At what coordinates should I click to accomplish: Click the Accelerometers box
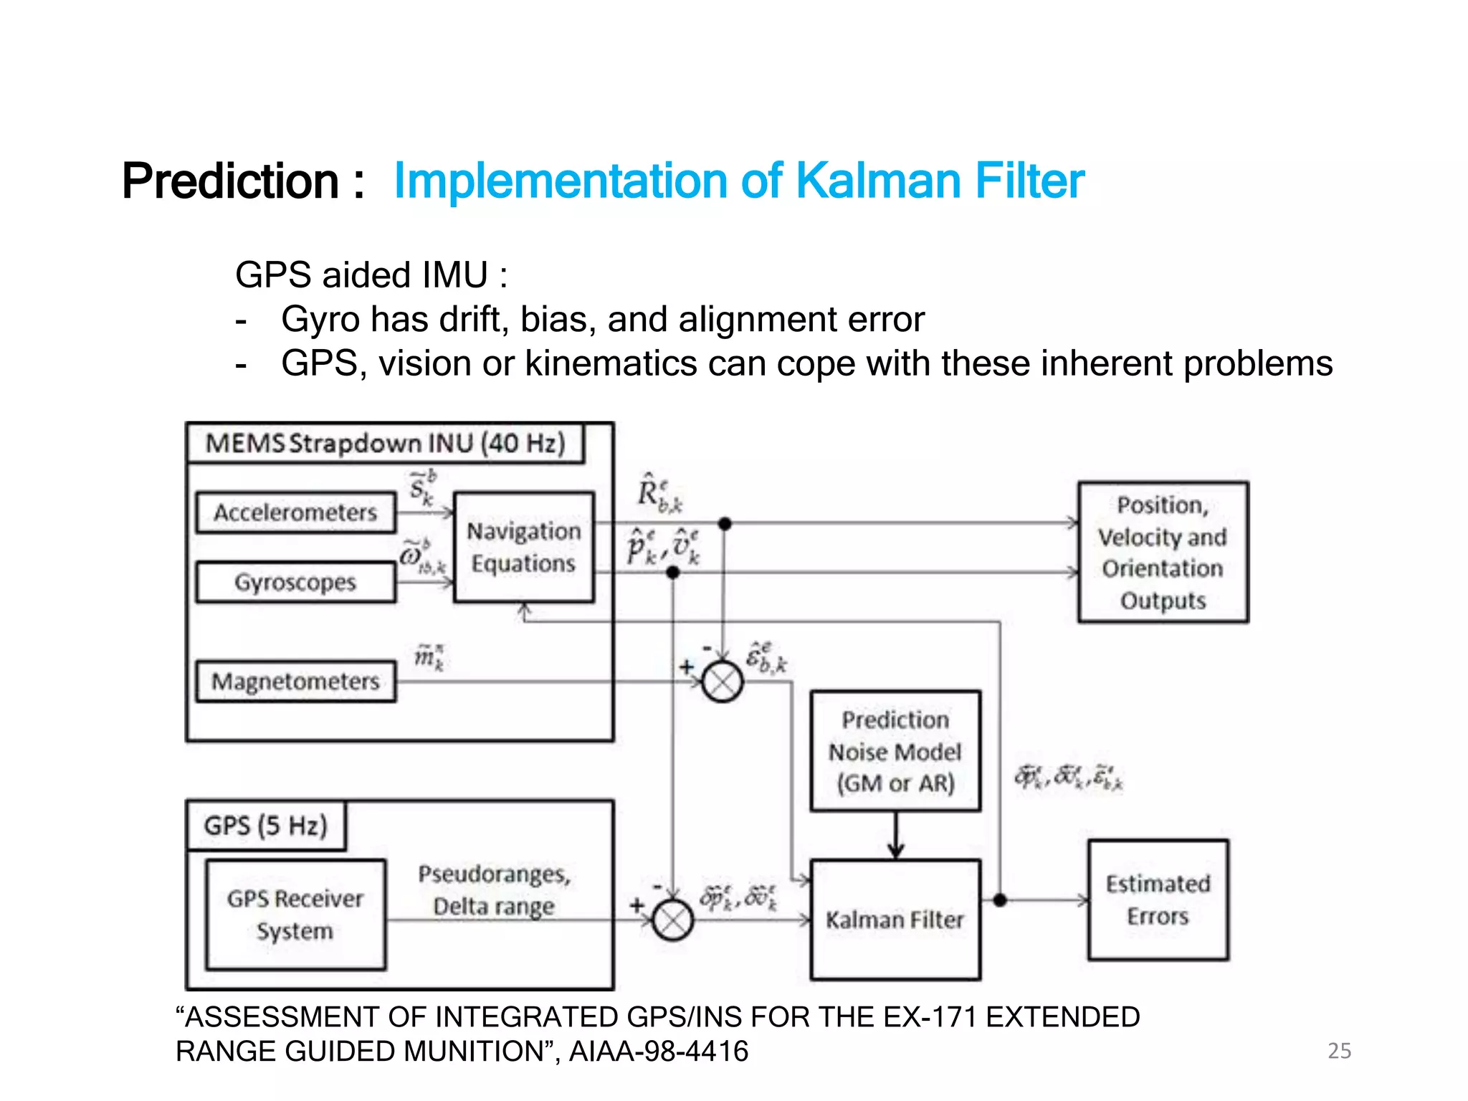click(295, 513)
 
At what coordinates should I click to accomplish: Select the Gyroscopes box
click(295, 582)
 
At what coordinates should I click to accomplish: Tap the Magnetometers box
click(295, 681)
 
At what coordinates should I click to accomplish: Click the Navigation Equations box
click(524, 547)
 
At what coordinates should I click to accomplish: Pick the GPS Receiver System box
click(295, 915)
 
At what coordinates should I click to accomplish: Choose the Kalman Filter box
click(895, 920)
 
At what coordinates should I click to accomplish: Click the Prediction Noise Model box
click(895, 751)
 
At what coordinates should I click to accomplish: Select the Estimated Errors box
click(1158, 900)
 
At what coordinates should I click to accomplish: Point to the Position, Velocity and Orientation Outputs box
click(1163, 552)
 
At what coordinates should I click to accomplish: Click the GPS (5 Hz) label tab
click(266, 826)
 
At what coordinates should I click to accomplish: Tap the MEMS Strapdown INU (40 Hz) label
click(386, 443)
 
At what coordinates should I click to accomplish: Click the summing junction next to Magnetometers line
click(723, 682)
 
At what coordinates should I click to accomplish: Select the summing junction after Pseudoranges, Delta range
click(672, 920)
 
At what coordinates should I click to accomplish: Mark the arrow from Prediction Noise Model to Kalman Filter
click(896, 836)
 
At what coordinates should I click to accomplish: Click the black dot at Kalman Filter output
click(1000, 900)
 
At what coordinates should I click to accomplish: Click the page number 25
click(1339, 1051)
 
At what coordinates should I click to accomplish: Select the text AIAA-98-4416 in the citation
click(659, 1052)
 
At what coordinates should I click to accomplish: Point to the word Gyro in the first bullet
click(320, 319)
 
